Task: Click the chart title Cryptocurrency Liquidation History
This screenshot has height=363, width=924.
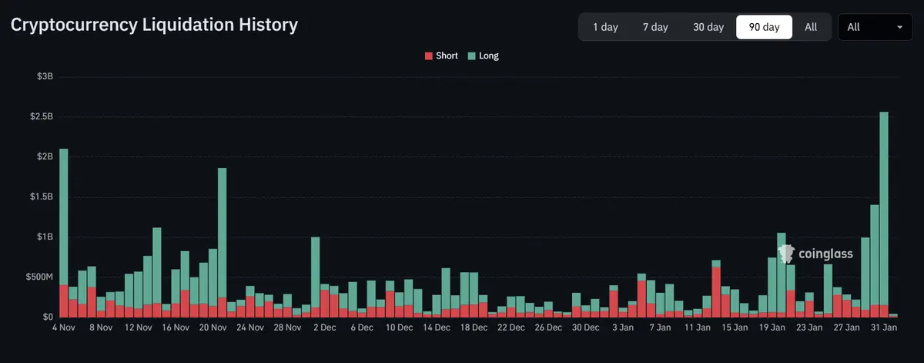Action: (154, 25)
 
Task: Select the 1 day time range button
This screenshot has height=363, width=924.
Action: (605, 27)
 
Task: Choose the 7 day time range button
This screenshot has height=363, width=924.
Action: (655, 27)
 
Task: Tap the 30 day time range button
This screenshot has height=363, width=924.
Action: (708, 27)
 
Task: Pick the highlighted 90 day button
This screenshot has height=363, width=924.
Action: (764, 27)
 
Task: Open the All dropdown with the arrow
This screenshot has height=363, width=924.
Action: (875, 27)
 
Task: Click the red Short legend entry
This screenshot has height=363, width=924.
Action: (441, 55)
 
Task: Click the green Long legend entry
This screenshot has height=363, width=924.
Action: (483, 55)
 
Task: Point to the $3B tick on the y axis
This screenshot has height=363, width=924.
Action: (45, 76)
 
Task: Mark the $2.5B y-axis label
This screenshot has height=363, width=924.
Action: (42, 116)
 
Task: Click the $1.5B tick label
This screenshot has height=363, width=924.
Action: (42, 197)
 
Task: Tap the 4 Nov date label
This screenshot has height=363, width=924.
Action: (64, 327)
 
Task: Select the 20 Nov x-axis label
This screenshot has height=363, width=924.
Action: (213, 327)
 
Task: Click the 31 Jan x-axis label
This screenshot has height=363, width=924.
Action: (882, 327)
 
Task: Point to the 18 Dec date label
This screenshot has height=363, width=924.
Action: (473, 327)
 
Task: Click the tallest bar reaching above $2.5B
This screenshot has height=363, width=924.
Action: (884, 208)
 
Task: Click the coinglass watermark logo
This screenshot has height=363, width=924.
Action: (816, 254)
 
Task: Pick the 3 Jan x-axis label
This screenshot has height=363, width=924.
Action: (623, 327)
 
